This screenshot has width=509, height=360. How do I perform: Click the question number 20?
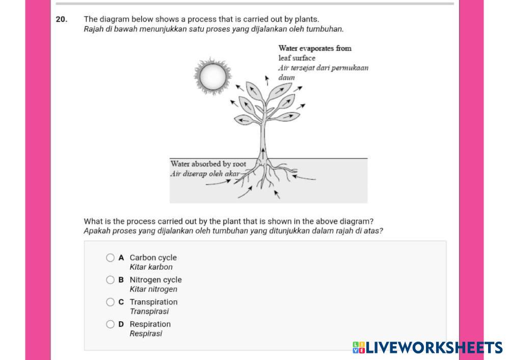pos(61,19)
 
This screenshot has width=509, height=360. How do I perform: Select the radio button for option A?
pos(111,258)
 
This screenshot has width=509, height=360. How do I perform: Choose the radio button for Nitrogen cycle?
pos(111,280)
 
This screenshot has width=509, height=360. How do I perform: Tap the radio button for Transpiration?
pos(111,302)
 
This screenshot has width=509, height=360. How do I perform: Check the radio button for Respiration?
pos(111,324)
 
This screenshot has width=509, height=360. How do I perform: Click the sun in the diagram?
pos(212,77)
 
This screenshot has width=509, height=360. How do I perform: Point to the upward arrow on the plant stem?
pos(263,153)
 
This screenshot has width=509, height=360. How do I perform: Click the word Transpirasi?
pos(149,311)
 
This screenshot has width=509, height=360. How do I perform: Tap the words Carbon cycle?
pos(153,258)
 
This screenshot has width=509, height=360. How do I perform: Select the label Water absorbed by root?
pos(208,164)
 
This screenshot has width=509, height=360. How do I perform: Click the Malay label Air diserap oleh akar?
pos(205,173)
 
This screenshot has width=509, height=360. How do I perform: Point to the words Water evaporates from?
pos(315,48)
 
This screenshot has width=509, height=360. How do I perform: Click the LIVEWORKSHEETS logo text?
pos(434,348)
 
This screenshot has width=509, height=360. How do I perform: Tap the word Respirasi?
pos(146,333)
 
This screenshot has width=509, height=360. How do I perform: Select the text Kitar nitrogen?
pos(153,289)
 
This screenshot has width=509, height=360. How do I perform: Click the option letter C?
pos(121,302)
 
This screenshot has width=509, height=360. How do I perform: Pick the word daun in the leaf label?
pos(287,78)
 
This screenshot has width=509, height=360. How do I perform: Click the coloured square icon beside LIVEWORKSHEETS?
pos(359,348)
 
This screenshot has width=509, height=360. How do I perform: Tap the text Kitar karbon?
pos(151,267)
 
